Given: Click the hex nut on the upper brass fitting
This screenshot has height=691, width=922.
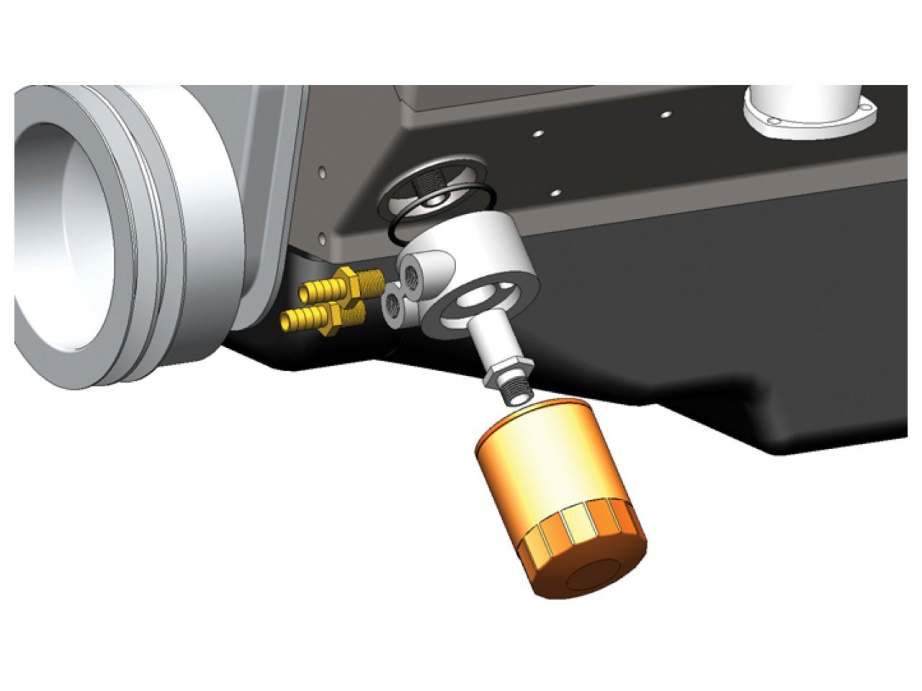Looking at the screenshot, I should click(x=346, y=281).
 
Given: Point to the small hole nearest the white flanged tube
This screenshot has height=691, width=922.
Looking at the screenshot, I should click(x=666, y=114).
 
